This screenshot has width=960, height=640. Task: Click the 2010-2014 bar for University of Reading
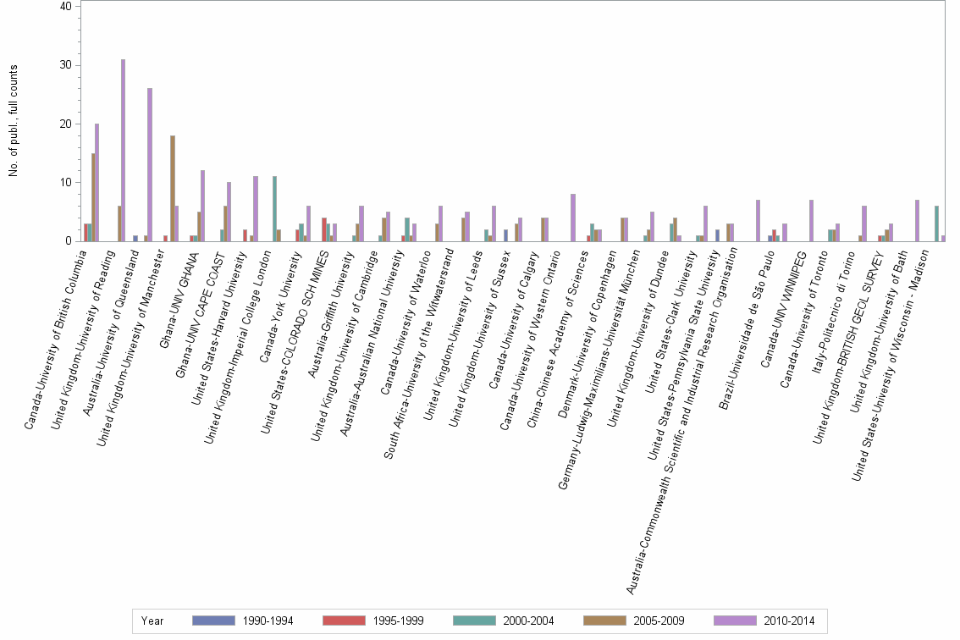(123, 151)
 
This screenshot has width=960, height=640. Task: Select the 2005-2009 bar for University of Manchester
(173, 188)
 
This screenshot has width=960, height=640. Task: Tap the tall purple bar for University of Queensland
(150, 165)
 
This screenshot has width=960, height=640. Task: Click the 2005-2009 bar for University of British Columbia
(93, 197)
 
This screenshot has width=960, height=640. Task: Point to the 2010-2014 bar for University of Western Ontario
(573, 218)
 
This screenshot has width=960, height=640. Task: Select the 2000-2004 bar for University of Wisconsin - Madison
(936, 223)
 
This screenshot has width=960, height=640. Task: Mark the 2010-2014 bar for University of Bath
(917, 220)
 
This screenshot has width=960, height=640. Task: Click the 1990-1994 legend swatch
(213, 621)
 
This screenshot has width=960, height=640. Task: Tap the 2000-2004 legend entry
(505, 621)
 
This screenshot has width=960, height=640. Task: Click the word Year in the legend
(152, 621)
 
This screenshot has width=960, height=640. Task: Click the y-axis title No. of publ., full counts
(14, 123)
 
